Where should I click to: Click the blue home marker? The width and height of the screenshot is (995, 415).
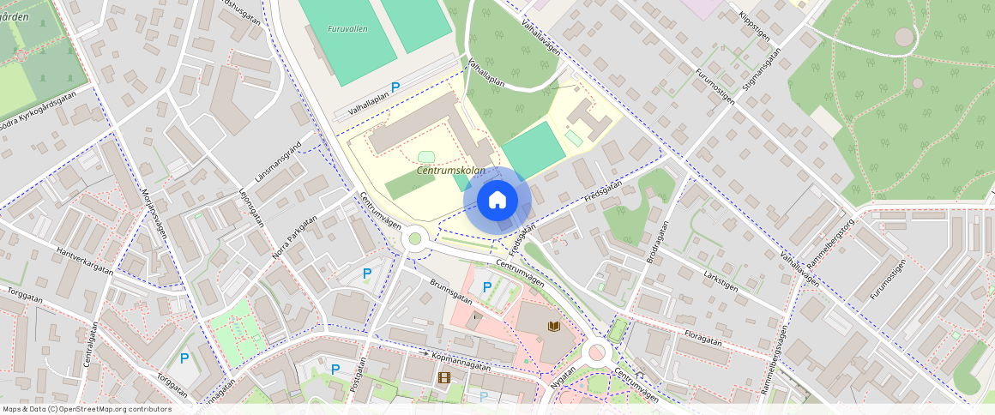497,200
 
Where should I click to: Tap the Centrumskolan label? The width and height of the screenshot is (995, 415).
451,171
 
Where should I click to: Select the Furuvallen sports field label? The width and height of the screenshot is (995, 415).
347,28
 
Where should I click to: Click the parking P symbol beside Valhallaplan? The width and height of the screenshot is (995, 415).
395,87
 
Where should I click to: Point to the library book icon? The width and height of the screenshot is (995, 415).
554,327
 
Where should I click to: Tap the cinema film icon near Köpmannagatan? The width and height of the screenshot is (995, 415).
443,376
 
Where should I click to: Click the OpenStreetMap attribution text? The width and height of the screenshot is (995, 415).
87,409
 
